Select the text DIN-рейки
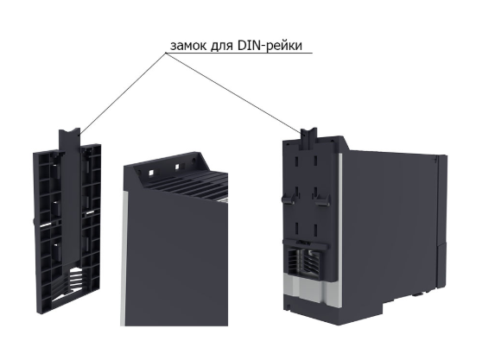coord(270,46)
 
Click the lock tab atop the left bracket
coord(69,139)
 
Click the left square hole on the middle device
coord(151,173)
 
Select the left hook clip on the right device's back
coord(289,199)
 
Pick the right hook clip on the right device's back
coord(322,199)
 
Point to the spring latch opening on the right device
coord(304,261)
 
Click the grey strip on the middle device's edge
coord(124,257)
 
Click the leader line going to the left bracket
coord(123,94)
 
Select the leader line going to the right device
coord(233,92)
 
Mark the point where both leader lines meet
coord(166,54)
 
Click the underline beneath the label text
coord(239,54)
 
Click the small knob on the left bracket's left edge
coord(34,222)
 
